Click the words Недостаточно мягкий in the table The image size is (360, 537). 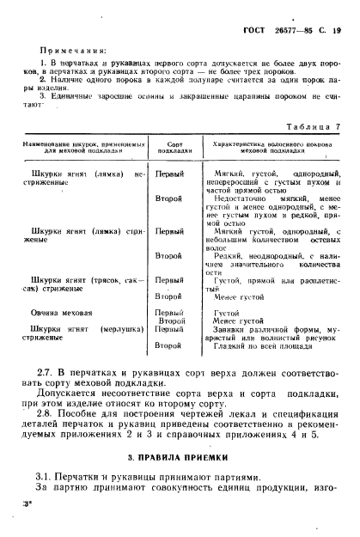click(x=250, y=198)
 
